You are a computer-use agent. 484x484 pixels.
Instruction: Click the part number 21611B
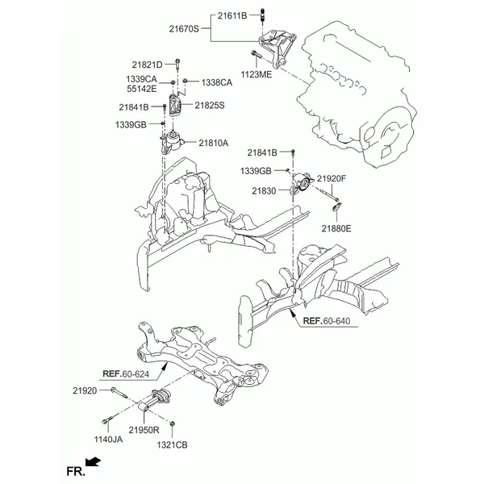coord(232,15)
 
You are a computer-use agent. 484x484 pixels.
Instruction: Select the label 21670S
coord(184,29)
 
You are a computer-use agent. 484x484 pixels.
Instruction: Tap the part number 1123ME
coord(257,74)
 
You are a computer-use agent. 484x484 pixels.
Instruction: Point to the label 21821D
coord(147,65)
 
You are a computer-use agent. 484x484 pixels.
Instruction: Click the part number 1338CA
coord(217,82)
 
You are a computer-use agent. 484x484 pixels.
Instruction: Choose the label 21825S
coord(210,105)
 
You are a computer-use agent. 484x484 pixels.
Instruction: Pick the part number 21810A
coord(213,143)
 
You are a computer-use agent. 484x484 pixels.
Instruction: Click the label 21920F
coord(332,178)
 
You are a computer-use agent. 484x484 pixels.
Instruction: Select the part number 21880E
coord(336,228)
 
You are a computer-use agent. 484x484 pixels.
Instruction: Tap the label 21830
coord(264,190)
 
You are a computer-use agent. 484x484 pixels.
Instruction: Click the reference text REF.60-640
coord(327,321)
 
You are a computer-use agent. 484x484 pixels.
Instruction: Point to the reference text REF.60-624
coord(126,374)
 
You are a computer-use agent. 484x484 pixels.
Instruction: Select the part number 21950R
coord(144,430)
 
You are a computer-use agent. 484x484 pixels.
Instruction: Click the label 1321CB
coord(172,444)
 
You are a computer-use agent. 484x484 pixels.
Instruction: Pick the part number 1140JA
coord(108,439)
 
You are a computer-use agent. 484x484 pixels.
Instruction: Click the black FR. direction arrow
coord(93,461)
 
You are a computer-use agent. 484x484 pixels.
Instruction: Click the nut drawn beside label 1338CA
coord(185,81)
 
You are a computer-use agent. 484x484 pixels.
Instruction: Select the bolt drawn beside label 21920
coord(119,393)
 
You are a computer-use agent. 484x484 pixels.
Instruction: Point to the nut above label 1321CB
coord(173,423)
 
